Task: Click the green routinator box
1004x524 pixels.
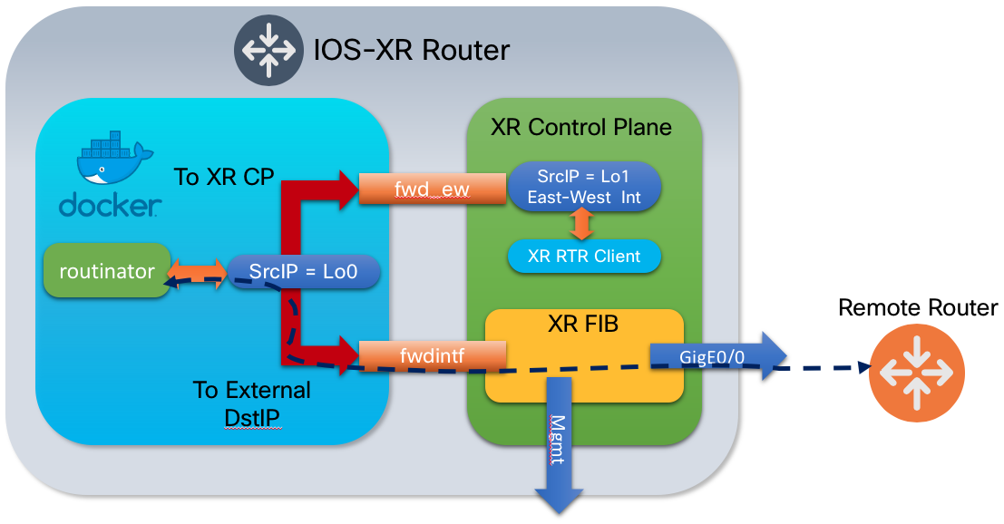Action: click(107, 270)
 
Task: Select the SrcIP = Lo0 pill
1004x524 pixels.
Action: click(301, 271)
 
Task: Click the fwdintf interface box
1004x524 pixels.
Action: click(431, 355)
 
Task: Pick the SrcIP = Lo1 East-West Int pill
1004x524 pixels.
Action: click(582, 186)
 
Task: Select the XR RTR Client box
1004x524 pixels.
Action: click(583, 257)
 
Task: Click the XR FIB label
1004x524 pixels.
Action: click(583, 324)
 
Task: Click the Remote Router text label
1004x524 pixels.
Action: click(917, 307)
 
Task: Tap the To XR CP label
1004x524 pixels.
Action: click(223, 177)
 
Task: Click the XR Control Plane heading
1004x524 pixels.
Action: click(581, 126)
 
